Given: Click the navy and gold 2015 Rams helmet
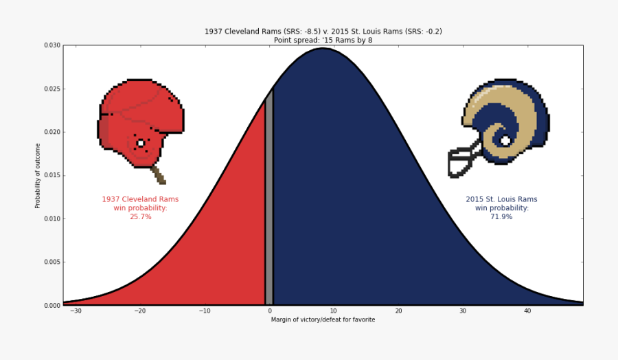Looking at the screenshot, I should (x=505, y=124).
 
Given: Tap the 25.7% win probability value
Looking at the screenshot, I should (x=140, y=217).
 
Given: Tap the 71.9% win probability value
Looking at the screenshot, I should (x=501, y=217).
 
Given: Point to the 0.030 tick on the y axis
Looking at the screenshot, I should (x=51, y=45).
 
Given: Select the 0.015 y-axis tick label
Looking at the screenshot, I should (x=51, y=175).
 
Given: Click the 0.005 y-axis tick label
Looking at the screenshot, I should (x=51, y=262).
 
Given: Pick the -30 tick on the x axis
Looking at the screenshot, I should (x=75, y=311).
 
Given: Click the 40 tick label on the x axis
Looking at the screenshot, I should (x=527, y=311).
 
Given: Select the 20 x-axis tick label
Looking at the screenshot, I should (x=398, y=311).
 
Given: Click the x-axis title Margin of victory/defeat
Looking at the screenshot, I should (x=323, y=319).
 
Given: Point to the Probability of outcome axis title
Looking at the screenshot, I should (x=38, y=175).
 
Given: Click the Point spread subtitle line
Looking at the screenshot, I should (x=323, y=40).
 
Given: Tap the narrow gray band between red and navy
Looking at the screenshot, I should (x=269, y=206).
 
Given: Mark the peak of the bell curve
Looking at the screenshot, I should (x=323, y=48).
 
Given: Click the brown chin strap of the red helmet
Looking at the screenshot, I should (x=159, y=175).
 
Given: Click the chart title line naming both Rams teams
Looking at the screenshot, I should (x=323, y=32).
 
